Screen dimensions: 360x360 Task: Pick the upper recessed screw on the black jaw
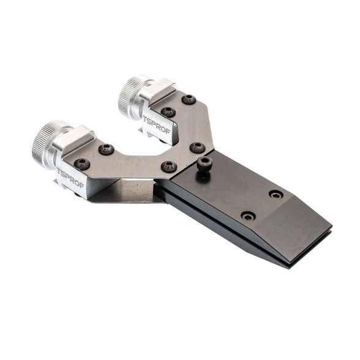(276, 195)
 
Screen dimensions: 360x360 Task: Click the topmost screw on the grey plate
(189, 100)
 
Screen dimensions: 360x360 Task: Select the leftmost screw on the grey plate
(82, 164)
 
